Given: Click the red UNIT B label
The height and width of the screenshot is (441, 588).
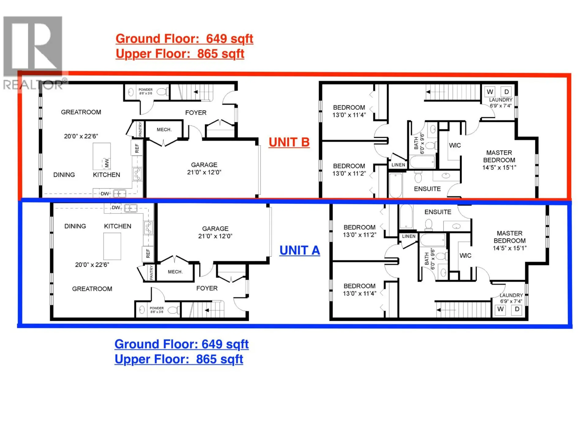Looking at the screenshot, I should coord(289,142).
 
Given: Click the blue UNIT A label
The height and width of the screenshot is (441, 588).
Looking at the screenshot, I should coord(300,251).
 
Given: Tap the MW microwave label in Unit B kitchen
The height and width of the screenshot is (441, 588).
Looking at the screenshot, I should coord(107,163).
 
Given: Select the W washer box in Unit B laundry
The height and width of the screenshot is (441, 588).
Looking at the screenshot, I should coord(490,92).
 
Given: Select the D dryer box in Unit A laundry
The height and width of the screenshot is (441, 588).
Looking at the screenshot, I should coord(517,309).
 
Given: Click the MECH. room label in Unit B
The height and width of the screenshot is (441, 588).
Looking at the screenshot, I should coord(164,130).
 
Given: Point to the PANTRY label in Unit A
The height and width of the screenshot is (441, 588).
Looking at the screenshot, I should coord(151,272).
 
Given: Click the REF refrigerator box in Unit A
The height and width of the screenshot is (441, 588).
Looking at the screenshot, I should coord(148,253).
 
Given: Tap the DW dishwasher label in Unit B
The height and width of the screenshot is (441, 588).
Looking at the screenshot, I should coord(105,194).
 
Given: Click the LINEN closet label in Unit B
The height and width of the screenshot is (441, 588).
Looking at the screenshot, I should coord(398,165).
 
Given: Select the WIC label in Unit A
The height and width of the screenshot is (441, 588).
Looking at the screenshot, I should coord(465,255).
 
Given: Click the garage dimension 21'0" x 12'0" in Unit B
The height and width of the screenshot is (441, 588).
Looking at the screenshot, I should coord(204,172).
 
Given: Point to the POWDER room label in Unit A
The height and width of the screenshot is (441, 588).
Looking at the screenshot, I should coord(156,308).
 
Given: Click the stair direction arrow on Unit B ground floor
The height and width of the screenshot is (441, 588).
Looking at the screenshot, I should coord(196,92).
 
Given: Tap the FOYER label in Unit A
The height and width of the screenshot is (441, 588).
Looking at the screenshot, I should coord(207,288).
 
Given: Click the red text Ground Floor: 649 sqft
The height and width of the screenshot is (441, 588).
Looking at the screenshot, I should coord(184,39).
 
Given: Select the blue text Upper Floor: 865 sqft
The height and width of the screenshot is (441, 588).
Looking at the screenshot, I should coord(179,359).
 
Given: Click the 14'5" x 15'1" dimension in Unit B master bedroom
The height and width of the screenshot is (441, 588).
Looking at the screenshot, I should coord(499,168).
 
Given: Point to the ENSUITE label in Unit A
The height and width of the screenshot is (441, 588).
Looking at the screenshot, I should coord(438,212).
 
